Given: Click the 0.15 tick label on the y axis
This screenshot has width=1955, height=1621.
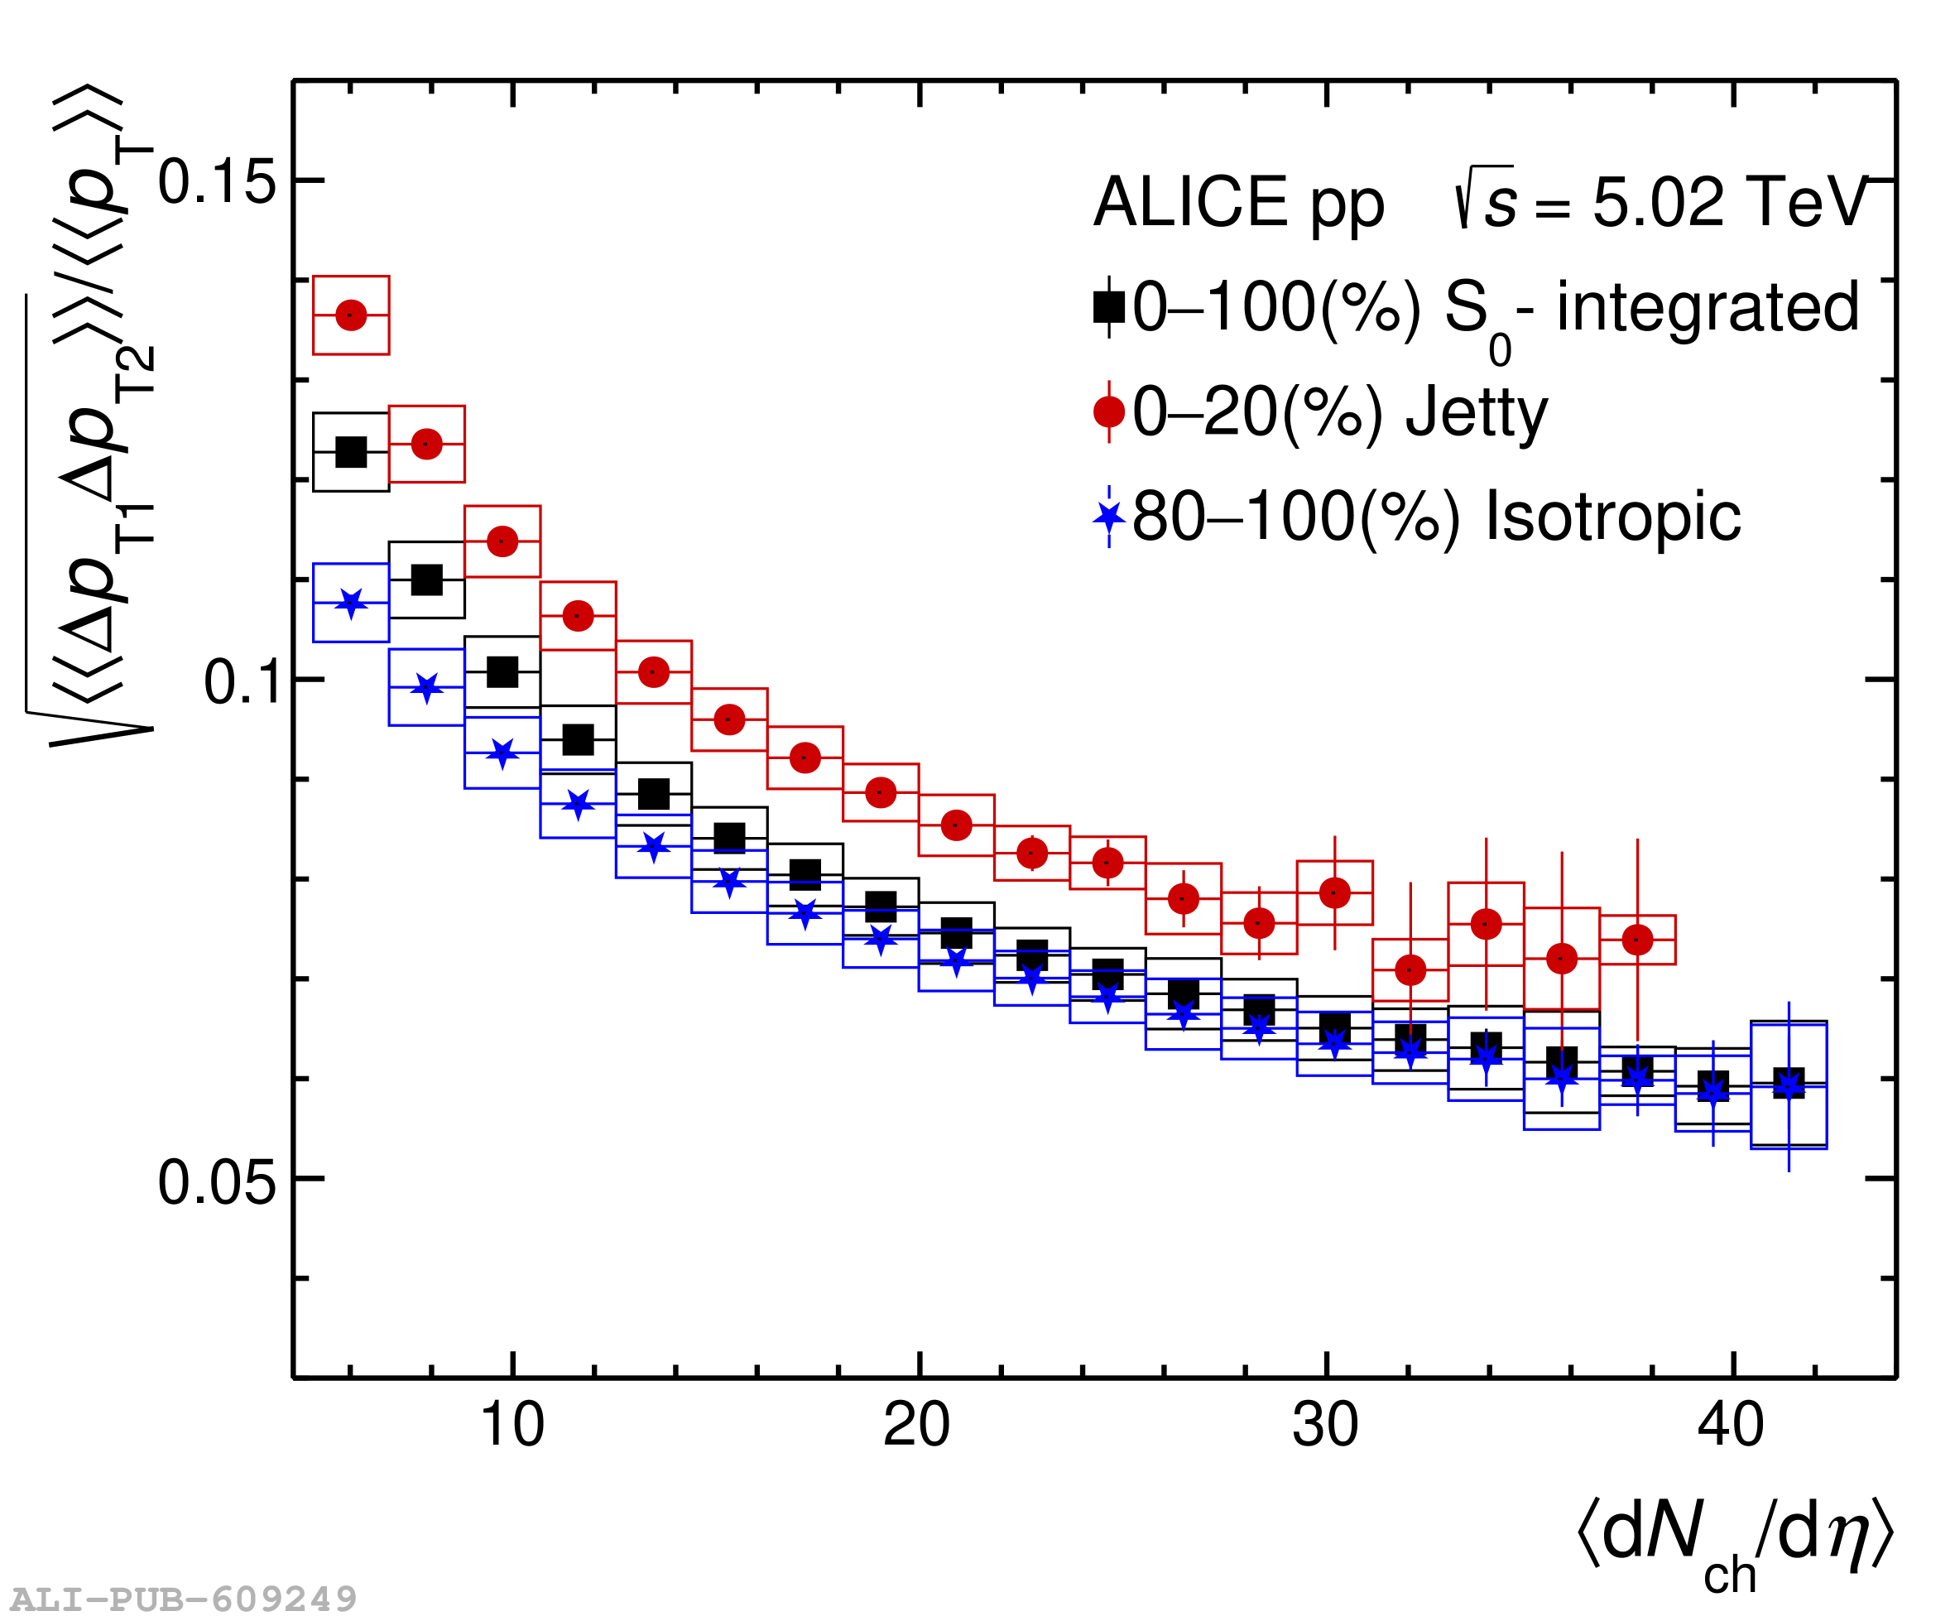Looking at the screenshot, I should (x=217, y=180).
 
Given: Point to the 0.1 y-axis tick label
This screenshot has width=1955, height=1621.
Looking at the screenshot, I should (x=240, y=681).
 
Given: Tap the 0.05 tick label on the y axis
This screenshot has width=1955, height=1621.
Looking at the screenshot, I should (x=217, y=1182).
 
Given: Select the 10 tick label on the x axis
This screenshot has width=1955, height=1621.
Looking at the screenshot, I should (x=511, y=1426).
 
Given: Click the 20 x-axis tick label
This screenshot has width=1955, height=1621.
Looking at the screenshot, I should (x=917, y=1426).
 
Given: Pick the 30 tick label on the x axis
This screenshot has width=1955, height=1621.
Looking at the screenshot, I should (x=1325, y=1426).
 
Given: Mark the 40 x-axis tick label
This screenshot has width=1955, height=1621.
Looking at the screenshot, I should (x=1731, y=1426).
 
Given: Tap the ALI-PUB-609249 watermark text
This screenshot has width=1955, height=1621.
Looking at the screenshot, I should (x=184, y=1599).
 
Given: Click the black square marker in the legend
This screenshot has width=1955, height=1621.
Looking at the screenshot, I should (x=1109, y=307).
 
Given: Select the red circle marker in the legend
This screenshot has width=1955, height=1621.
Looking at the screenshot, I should (x=1109, y=411).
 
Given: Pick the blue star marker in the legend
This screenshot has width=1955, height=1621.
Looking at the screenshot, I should (x=1109, y=516).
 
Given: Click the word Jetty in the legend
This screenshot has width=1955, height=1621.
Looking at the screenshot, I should (x=1477, y=412).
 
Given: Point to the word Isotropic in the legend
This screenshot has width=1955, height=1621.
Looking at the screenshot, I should (x=1612, y=516).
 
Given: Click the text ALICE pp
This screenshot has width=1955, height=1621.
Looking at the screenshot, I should (x=1238, y=201).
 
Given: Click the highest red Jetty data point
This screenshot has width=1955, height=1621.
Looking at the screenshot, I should (x=351, y=315).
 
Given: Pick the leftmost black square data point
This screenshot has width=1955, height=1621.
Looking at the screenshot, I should (x=351, y=453).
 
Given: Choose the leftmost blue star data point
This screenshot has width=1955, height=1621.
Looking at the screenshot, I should (x=351, y=604).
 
